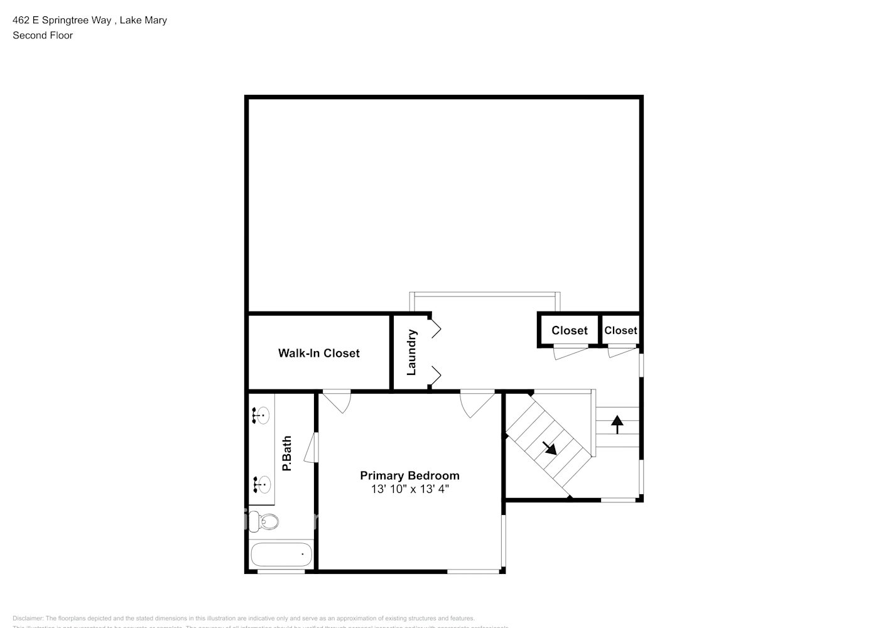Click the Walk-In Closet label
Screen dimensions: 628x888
[x=318, y=353]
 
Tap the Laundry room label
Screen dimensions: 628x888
[x=412, y=352]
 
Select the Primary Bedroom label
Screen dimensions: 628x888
[x=409, y=475]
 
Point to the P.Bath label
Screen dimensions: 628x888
[x=287, y=453]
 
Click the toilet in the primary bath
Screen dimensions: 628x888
[x=263, y=521]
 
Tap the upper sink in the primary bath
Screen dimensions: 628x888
[x=261, y=416]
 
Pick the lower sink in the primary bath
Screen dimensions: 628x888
[x=261, y=484]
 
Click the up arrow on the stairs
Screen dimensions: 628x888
[x=617, y=425]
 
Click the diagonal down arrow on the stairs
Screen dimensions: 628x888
[x=550, y=448]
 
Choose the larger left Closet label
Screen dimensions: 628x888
[x=569, y=330]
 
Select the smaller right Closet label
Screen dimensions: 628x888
[x=620, y=330]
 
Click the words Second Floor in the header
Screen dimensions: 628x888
[x=43, y=35]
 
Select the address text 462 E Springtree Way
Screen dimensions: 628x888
[x=62, y=20]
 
